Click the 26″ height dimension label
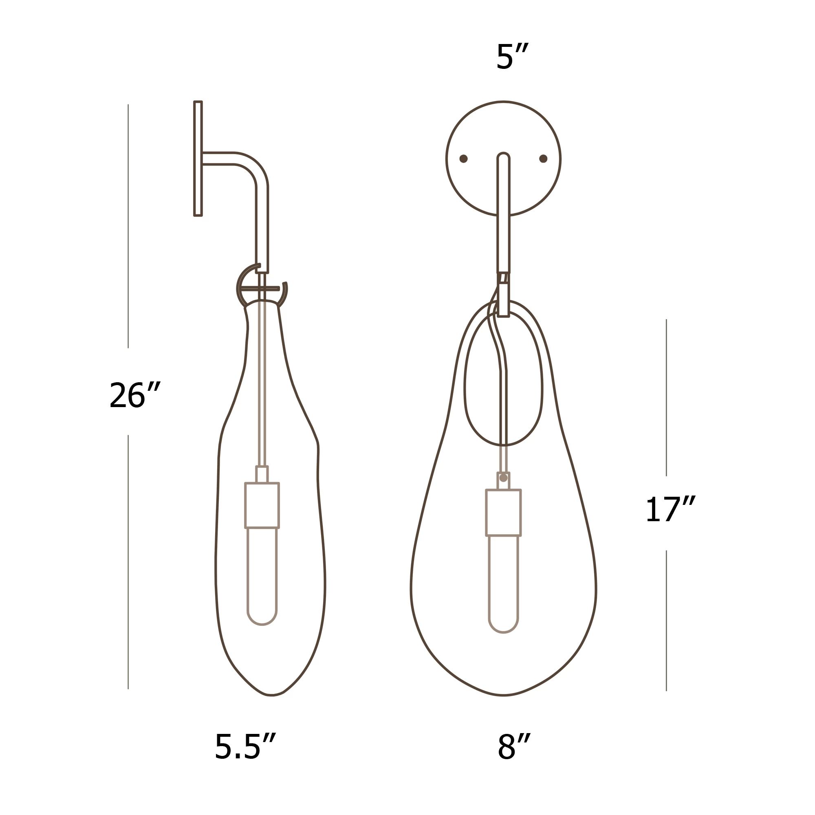tap(134, 395)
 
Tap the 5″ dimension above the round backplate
tap(512, 57)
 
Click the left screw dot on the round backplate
tap(463, 159)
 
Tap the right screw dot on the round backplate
tap(543, 159)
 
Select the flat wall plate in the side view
tap(198, 159)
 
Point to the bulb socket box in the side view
tap(262, 505)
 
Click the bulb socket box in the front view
tap(503, 513)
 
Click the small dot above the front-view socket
tap(503, 478)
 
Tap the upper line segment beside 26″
tap(128, 226)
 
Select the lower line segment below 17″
tap(666, 621)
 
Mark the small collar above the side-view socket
tap(262, 475)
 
